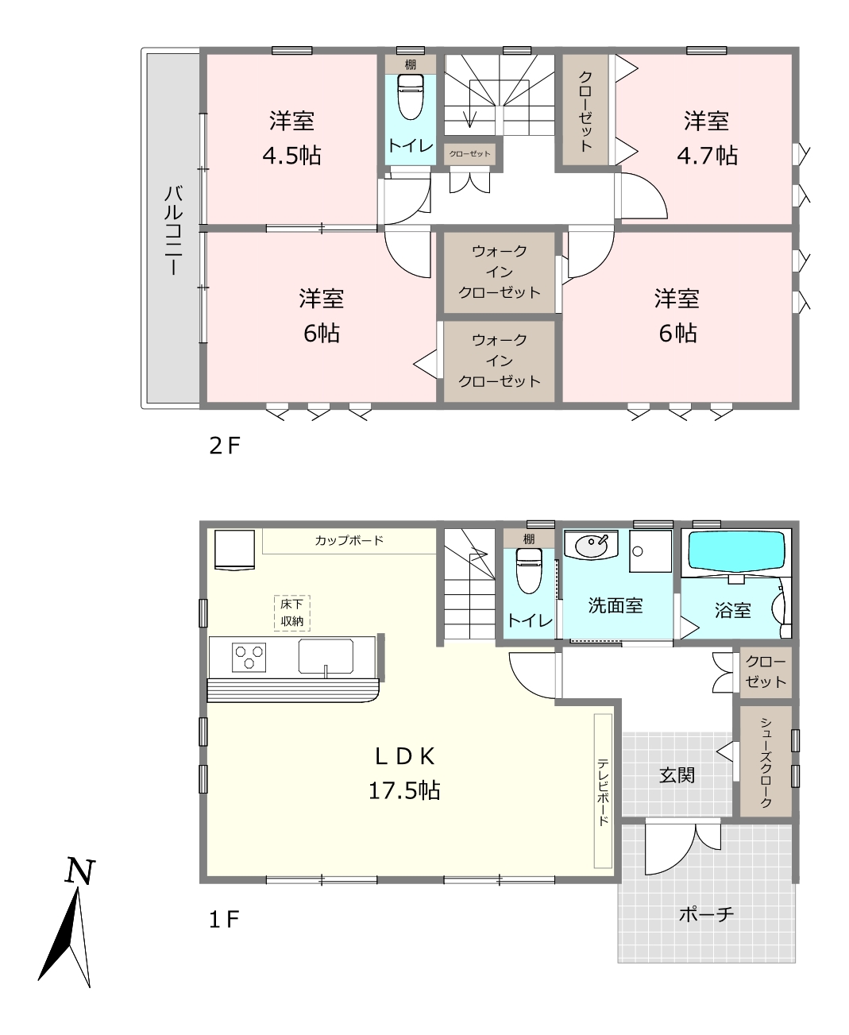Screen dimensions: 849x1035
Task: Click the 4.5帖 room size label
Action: [x=291, y=156]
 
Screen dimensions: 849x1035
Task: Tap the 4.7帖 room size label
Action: [x=707, y=156]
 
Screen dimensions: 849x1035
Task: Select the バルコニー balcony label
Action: [x=173, y=230]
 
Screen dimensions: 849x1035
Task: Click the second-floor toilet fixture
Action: [x=411, y=97]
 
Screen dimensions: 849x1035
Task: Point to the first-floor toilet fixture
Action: [x=528, y=571]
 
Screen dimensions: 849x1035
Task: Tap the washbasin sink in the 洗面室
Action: [x=591, y=546]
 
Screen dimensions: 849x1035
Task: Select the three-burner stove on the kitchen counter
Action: [x=249, y=657]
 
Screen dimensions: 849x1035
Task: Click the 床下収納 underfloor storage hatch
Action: [x=292, y=613]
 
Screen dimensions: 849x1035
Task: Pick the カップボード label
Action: [x=349, y=540]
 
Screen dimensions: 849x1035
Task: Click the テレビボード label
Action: [x=603, y=792]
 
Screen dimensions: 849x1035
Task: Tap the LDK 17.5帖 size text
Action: [x=404, y=790]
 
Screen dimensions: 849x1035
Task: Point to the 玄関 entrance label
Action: [x=677, y=775]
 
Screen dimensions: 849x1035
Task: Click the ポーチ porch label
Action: [x=706, y=913]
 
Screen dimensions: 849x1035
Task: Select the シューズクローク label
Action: [x=766, y=762]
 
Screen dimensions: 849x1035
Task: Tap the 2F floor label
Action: [x=224, y=446]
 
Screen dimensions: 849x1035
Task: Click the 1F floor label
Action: [x=224, y=919]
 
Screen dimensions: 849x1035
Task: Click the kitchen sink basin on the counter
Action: [x=326, y=656]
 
